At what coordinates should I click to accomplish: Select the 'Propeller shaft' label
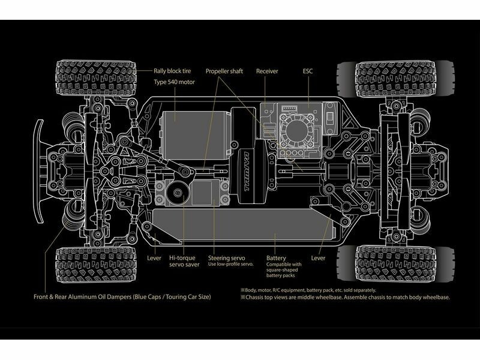[x=224, y=71]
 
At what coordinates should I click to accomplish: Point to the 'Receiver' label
[x=267, y=71]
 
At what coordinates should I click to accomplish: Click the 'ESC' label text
[x=308, y=71]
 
